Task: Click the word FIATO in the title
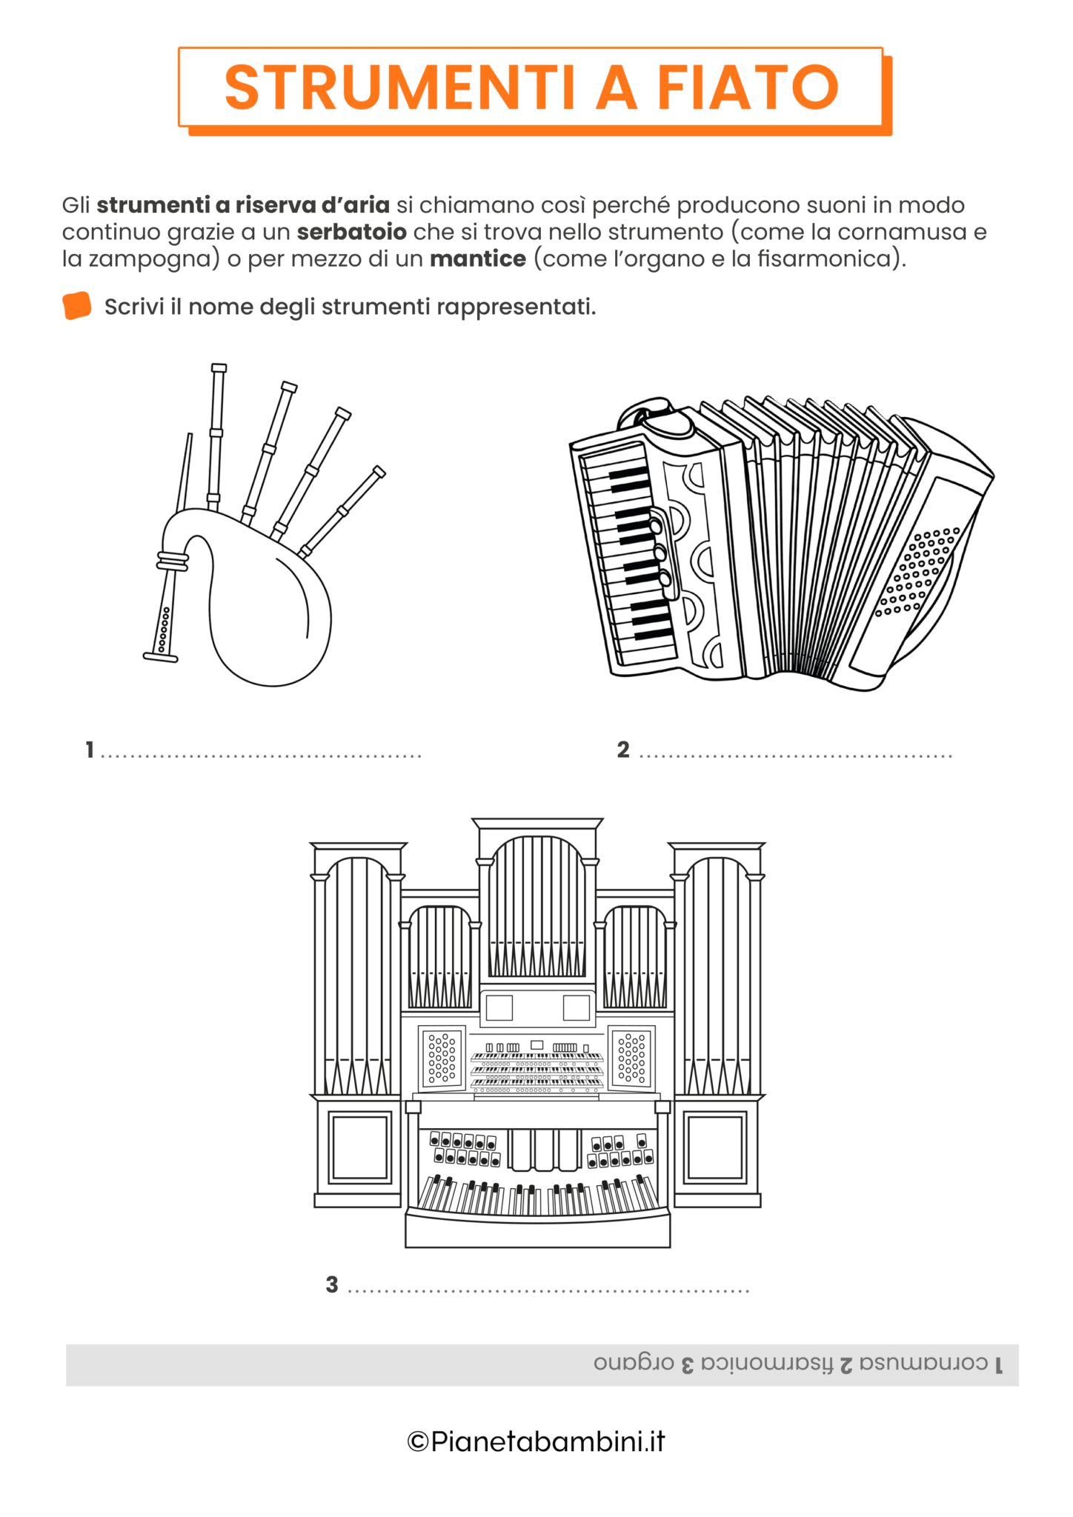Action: click(x=748, y=88)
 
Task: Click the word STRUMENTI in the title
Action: click(x=400, y=88)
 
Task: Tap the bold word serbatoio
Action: click(x=351, y=232)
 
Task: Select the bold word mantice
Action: click(x=477, y=259)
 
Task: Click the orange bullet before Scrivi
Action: click(x=77, y=306)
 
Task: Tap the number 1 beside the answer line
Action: click(x=90, y=750)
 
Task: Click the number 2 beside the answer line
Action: click(x=623, y=750)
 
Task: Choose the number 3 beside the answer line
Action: click(x=332, y=1284)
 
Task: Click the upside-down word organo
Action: click(x=634, y=1364)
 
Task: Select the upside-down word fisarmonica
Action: click(x=768, y=1364)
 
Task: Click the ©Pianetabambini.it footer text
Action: click(x=536, y=1441)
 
